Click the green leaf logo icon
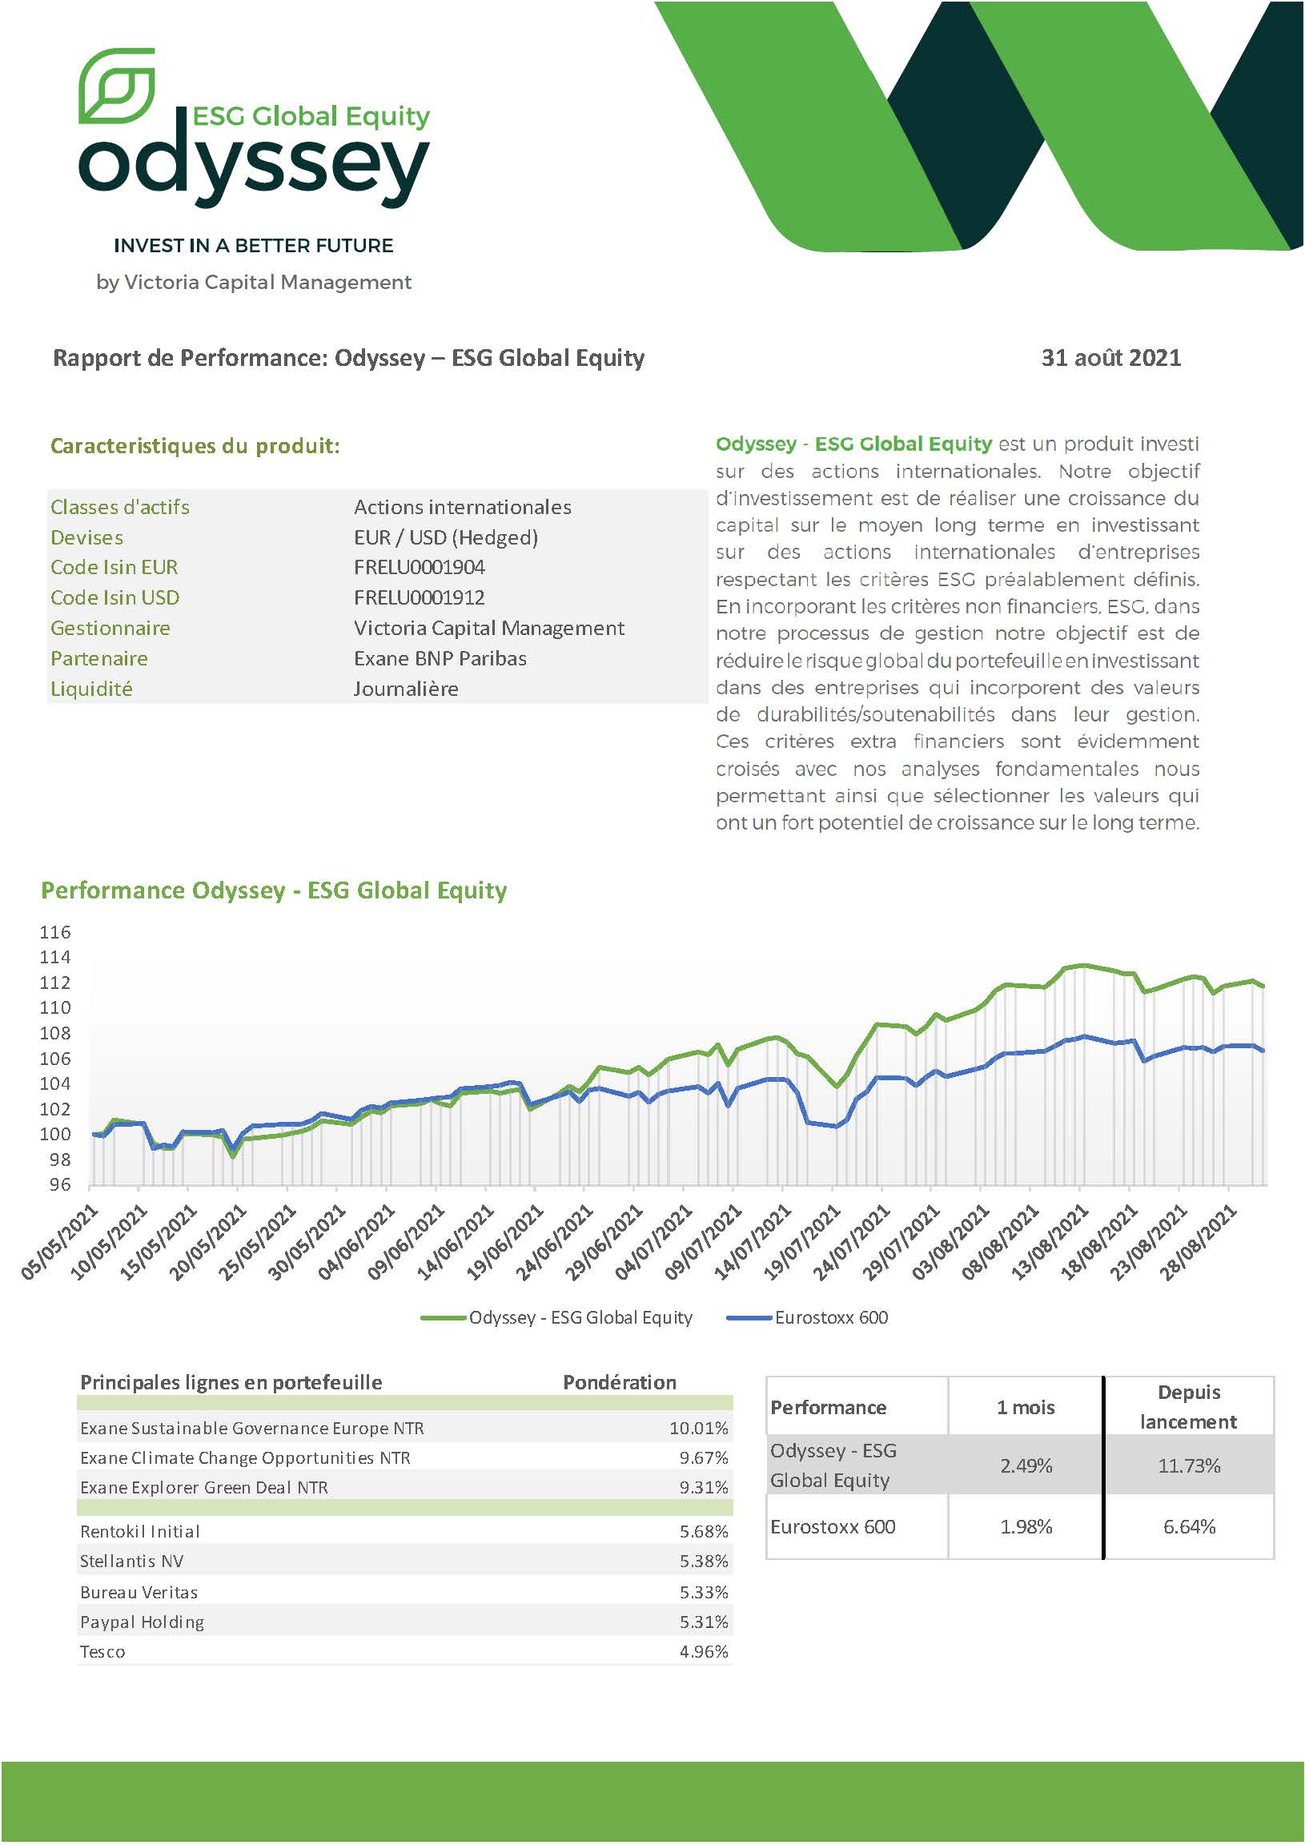point(117,86)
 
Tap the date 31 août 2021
point(1110,358)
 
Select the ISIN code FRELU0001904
point(420,567)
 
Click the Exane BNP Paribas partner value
point(440,658)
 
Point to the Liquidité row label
point(91,689)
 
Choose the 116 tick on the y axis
point(54,932)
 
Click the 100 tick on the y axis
point(54,1134)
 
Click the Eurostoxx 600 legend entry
point(808,1317)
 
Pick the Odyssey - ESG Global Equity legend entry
point(556,1317)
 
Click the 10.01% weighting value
point(698,1428)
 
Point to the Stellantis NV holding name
point(132,1561)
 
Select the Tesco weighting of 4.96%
point(704,1651)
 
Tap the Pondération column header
point(620,1382)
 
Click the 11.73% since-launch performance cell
point(1188,1465)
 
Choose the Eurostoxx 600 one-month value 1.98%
point(1026,1527)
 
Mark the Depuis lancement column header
point(1188,1407)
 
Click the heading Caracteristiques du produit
point(195,446)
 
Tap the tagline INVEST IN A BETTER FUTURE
point(254,245)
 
